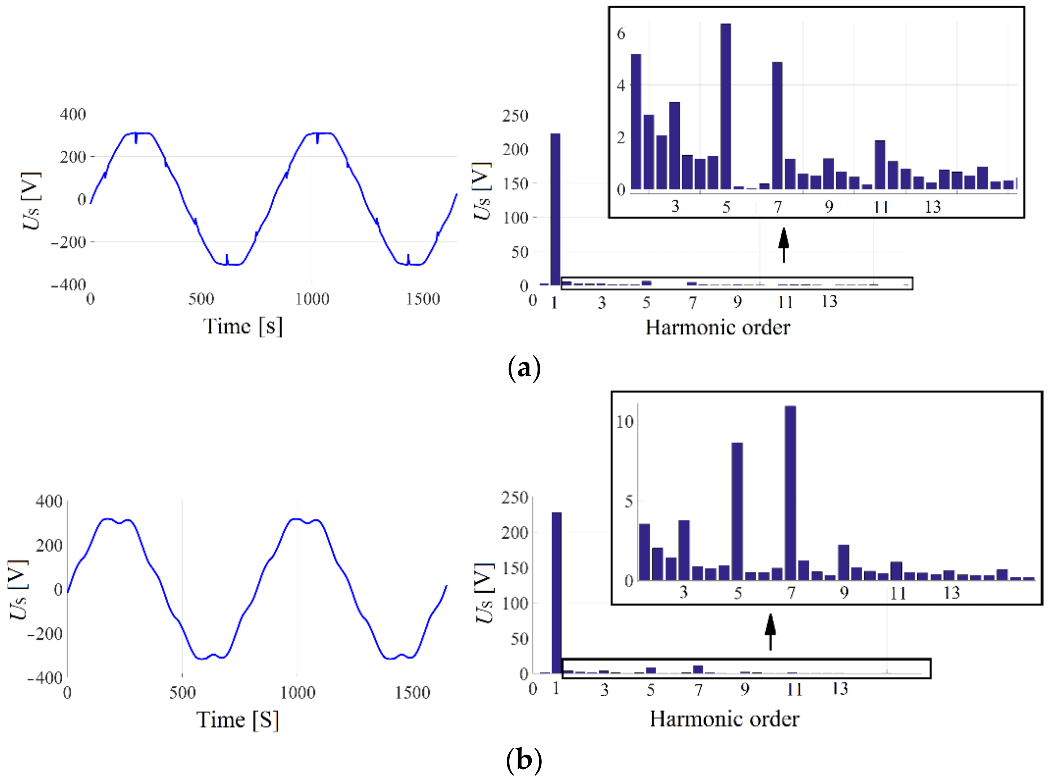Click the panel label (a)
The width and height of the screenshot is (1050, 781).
pos(524,368)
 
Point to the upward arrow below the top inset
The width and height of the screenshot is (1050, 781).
pos(784,245)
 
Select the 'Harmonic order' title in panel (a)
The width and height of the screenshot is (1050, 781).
pos(718,327)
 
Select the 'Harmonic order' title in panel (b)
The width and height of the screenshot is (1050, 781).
pos(724,719)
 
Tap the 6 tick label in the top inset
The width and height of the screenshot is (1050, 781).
pos(621,34)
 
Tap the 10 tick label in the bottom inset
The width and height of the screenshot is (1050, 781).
pos(625,422)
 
